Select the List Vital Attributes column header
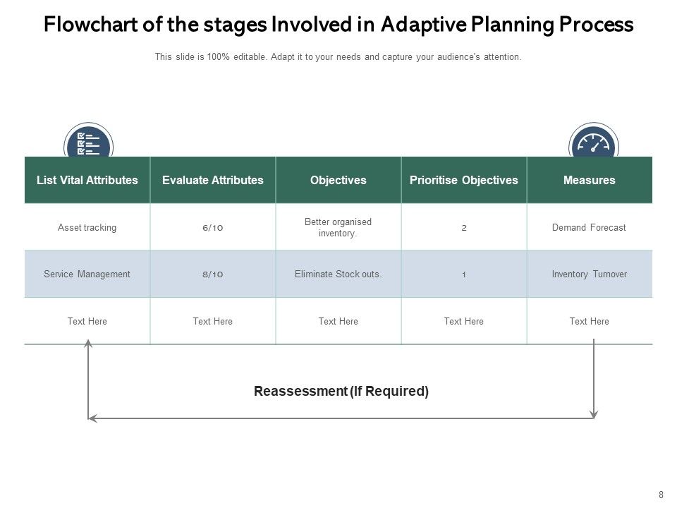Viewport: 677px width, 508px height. (x=87, y=180)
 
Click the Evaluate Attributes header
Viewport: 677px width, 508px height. (x=212, y=180)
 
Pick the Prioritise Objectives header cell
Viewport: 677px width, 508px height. (x=463, y=180)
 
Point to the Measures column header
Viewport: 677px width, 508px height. (x=589, y=180)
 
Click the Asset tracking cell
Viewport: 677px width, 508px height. (x=87, y=228)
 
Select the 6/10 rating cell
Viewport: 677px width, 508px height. (x=212, y=228)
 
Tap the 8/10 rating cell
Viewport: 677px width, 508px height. (x=212, y=274)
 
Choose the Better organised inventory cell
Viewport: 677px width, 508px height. (x=338, y=227)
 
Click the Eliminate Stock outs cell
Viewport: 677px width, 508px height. (x=338, y=274)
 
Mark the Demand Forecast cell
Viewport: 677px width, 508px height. (x=589, y=228)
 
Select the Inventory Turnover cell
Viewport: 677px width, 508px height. (x=589, y=274)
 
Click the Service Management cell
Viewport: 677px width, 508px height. (x=87, y=274)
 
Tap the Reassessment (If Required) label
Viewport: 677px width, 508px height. (x=341, y=391)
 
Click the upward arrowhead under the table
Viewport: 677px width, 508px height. (x=88, y=343)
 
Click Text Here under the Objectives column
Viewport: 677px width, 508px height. (x=338, y=321)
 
